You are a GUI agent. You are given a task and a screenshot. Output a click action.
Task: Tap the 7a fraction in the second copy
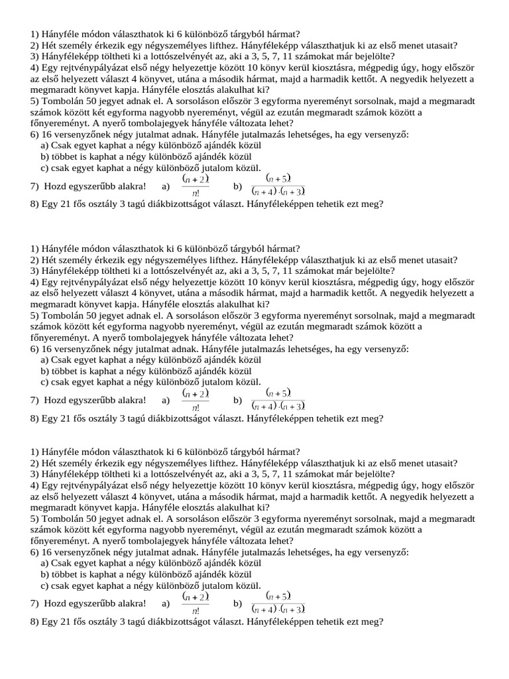(x=196, y=401)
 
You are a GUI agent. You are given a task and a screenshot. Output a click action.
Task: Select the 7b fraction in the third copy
(x=278, y=603)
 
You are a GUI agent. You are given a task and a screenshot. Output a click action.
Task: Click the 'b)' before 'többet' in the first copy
(x=45, y=157)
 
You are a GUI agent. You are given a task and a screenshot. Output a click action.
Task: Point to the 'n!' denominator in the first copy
(x=196, y=194)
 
